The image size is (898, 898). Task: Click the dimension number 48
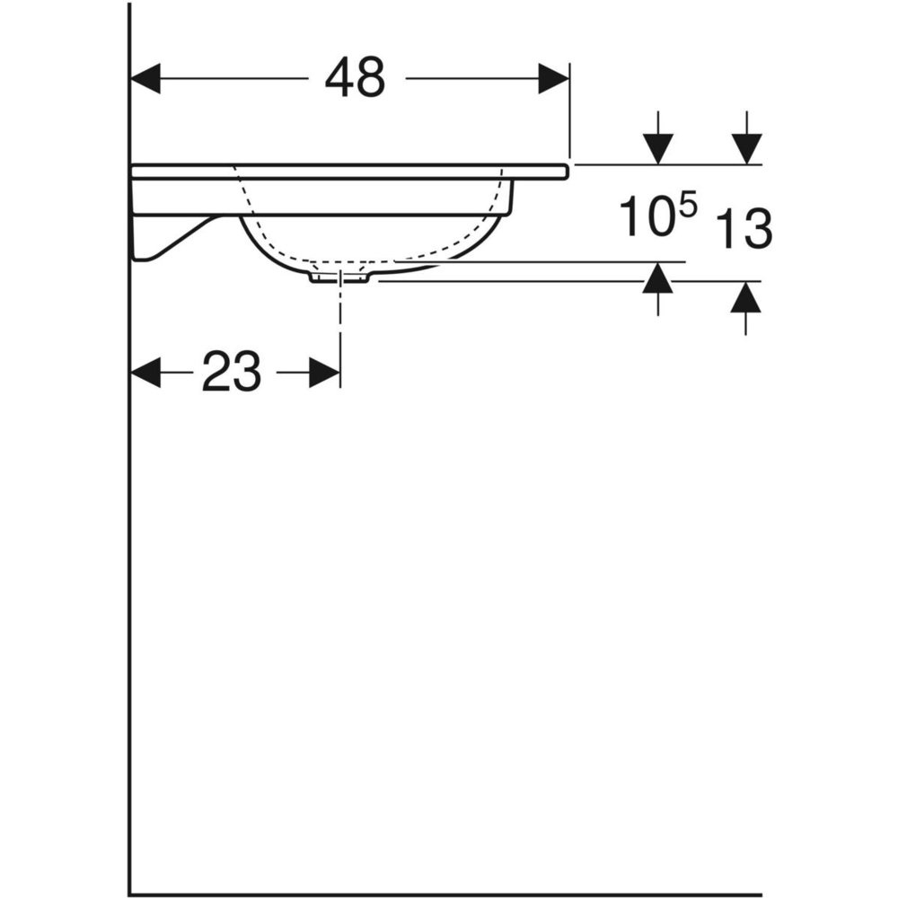[x=355, y=78]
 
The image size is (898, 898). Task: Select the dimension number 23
[x=232, y=372]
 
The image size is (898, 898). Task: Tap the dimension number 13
[x=744, y=228]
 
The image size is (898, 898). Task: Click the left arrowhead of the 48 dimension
[x=145, y=78]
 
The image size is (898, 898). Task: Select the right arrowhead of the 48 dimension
[x=553, y=78]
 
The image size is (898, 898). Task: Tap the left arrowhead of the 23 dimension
[x=145, y=373]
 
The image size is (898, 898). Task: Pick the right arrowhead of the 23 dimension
[x=325, y=373]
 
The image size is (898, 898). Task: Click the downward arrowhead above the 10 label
[x=658, y=149]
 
